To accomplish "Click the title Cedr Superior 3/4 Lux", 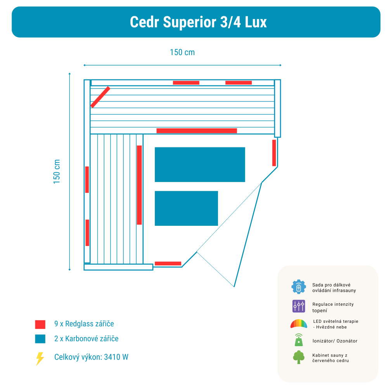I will (x=198, y=22).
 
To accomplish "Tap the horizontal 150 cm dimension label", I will (x=182, y=52).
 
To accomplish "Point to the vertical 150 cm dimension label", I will (x=57, y=171).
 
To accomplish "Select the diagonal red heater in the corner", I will (x=100, y=97).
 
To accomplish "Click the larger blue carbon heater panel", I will (x=200, y=165).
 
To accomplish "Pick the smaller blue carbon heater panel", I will (x=186, y=208).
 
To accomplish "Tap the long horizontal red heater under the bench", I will (x=197, y=131).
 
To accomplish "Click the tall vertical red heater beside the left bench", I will (x=139, y=185).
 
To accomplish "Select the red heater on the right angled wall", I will (x=274, y=153).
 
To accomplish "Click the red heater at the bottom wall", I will (x=168, y=263).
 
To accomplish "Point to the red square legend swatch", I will (x=40, y=324).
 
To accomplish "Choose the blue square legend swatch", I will (x=40, y=339).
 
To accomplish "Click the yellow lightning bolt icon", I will (x=40, y=358).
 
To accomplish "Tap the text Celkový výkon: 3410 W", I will (x=91, y=357).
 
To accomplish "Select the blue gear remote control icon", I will (x=298, y=287).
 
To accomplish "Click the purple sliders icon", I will (x=298, y=307).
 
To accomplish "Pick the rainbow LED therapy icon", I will (x=298, y=324).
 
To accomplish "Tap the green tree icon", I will (x=298, y=357).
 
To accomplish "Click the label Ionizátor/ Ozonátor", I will (x=335, y=341).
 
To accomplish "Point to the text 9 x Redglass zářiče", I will (x=84, y=324).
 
